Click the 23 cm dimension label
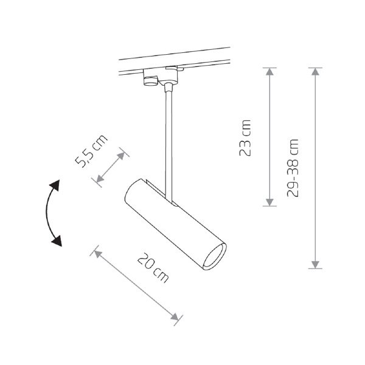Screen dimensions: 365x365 tap(245, 138)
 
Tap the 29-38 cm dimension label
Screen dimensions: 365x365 tap(293, 168)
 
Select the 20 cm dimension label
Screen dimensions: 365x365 tap(153, 268)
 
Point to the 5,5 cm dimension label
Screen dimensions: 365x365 tap(91, 151)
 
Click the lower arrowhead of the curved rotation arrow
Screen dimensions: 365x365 tap(57, 241)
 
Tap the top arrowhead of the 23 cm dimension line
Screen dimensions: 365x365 tap(269, 71)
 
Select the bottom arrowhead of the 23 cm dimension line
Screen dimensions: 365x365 tap(269, 203)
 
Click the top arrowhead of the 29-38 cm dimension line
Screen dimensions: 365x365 tap(315, 71)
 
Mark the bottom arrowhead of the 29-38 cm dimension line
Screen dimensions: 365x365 tap(315, 265)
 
